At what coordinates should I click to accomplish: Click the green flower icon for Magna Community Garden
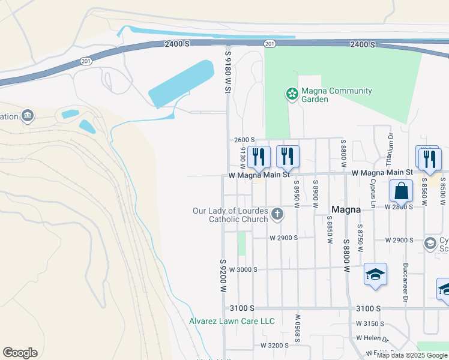point(292,94)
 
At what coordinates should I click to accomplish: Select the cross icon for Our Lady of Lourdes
point(277,214)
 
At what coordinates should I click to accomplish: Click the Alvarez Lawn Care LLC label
point(232,321)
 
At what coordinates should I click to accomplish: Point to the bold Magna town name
point(346,209)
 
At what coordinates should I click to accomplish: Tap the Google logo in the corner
point(20,353)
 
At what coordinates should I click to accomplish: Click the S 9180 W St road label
point(228,71)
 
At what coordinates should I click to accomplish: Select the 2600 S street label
point(244,139)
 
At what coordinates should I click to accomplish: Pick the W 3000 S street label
point(243,269)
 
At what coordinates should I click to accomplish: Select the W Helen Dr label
point(373,338)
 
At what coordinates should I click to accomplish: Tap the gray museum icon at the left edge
point(27,115)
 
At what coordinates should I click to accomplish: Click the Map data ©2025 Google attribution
point(412,355)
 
